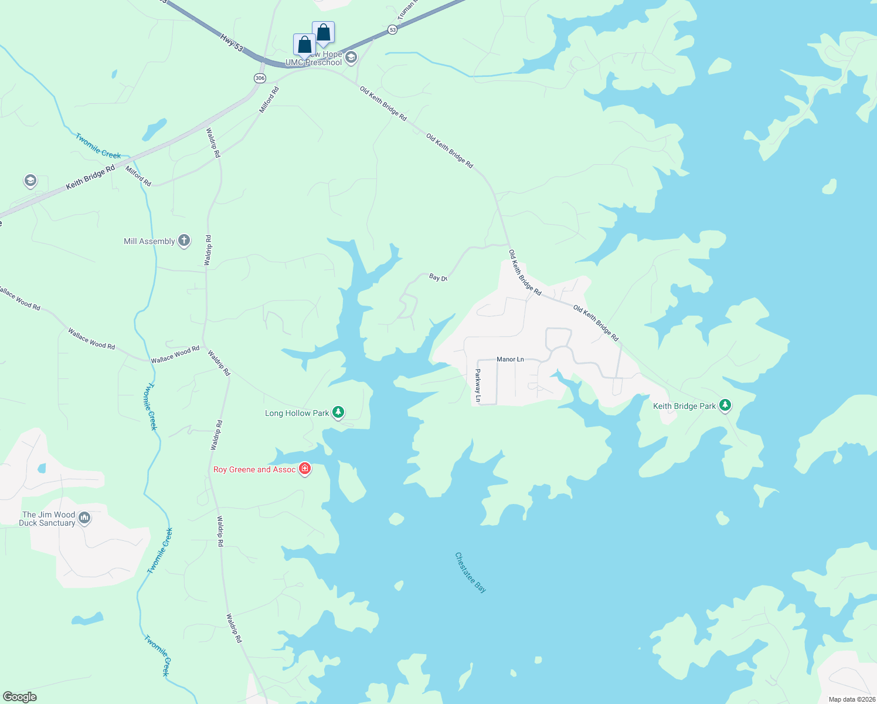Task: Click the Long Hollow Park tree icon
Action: pyautogui.click(x=338, y=412)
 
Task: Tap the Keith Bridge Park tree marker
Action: pyautogui.click(x=725, y=405)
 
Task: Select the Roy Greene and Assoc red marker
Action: pyautogui.click(x=304, y=469)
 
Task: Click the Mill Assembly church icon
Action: pyautogui.click(x=184, y=241)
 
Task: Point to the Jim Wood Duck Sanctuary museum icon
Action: pyautogui.click(x=84, y=518)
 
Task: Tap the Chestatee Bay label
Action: pyautogui.click(x=471, y=572)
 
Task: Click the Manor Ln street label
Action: pyautogui.click(x=510, y=359)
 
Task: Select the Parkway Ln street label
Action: pyautogui.click(x=478, y=385)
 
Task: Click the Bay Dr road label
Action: pyautogui.click(x=438, y=277)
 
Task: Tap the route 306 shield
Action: pyautogui.click(x=260, y=78)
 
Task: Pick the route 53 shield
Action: pyautogui.click(x=392, y=29)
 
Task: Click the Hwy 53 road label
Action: pyautogui.click(x=232, y=42)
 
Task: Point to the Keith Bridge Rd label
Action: pyautogui.click(x=90, y=177)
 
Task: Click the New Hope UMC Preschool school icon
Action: pyautogui.click(x=351, y=57)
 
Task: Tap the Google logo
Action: pyautogui.click(x=19, y=697)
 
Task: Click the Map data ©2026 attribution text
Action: pyautogui.click(x=851, y=699)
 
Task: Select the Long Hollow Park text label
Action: pyautogui.click(x=297, y=413)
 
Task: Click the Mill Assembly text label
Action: pyautogui.click(x=149, y=241)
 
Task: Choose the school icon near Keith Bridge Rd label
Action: pyautogui.click(x=30, y=181)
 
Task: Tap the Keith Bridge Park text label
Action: pyautogui.click(x=684, y=406)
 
